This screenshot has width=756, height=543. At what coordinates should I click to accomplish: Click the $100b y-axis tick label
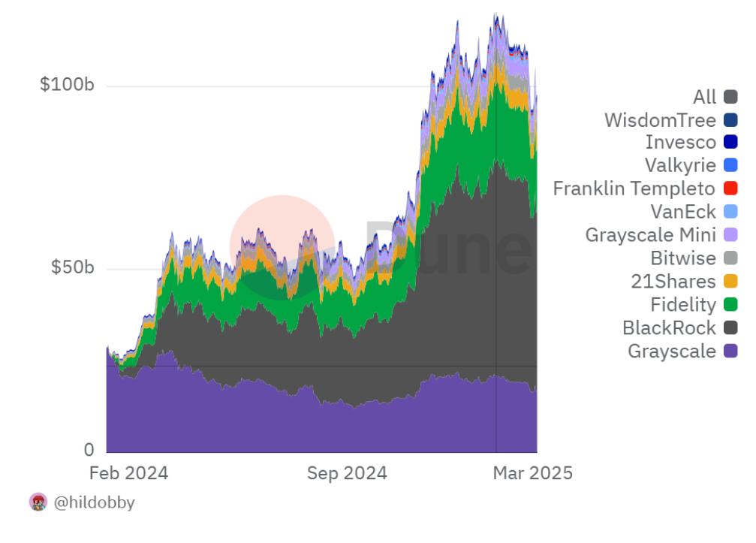(x=67, y=85)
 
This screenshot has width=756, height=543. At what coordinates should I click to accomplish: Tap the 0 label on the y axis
(x=89, y=450)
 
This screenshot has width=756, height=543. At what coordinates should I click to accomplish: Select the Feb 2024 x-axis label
(x=128, y=473)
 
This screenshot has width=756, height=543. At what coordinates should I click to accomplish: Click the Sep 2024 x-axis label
(x=347, y=473)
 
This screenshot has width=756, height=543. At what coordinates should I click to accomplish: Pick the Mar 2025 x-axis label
(x=532, y=473)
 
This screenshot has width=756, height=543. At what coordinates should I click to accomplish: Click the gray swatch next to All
(x=730, y=97)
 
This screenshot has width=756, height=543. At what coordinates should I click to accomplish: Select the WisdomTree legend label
(x=660, y=120)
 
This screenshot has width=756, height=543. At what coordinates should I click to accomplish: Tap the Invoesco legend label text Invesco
(x=680, y=143)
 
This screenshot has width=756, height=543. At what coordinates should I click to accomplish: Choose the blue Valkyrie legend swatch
(x=730, y=166)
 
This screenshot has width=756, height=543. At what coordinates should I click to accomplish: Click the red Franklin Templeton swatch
(x=730, y=189)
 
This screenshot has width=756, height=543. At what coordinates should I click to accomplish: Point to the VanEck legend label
(x=683, y=212)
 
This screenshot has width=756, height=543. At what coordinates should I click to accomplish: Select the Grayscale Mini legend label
(x=650, y=235)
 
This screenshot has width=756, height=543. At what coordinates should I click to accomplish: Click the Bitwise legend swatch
(x=730, y=258)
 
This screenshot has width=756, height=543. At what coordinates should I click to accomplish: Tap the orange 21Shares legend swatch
(x=730, y=282)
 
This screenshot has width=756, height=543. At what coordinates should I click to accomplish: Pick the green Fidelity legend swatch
(x=730, y=304)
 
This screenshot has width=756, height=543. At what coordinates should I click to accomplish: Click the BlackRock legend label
(x=669, y=327)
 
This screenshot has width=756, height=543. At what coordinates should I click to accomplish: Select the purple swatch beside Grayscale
(x=730, y=351)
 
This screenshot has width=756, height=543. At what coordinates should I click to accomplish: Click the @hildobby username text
(x=95, y=502)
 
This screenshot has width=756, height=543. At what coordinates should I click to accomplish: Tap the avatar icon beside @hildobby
(x=38, y=502)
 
